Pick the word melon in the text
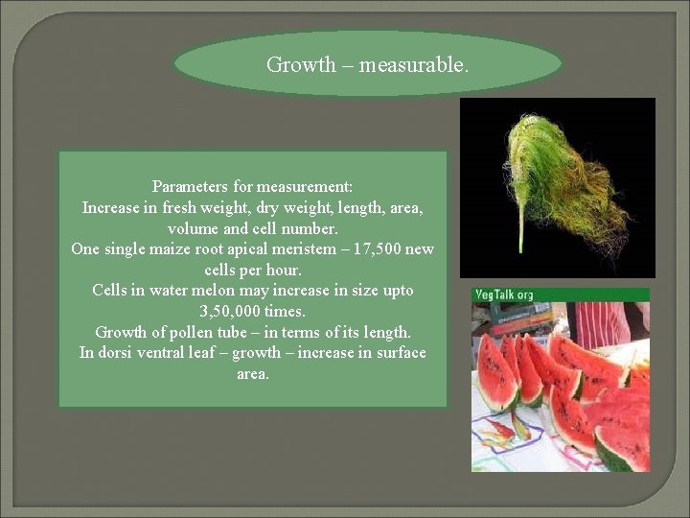[x=230, y=290]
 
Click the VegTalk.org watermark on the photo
[x=503, y=294]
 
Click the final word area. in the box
[x=253, y=373]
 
